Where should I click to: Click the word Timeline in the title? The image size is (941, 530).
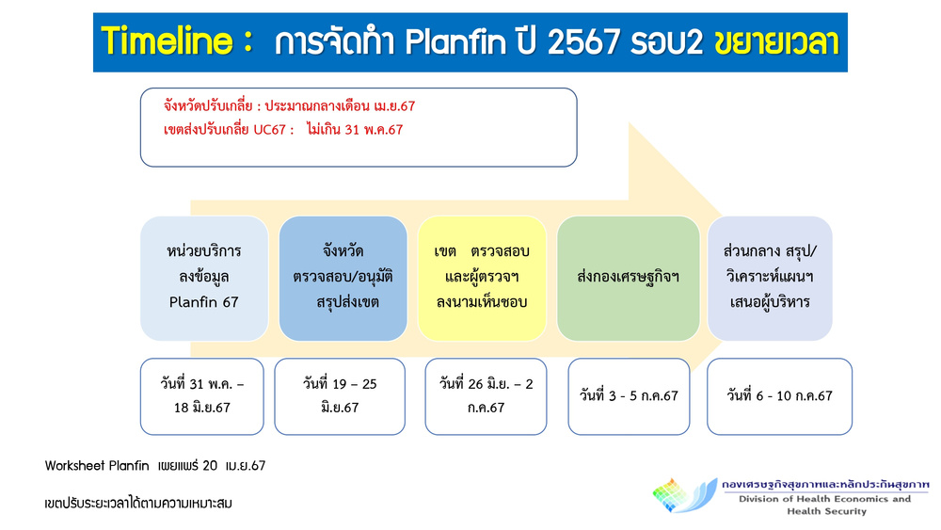(167, 41)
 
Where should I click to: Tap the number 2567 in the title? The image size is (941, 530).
(583, 42)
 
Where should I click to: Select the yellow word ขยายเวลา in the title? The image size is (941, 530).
(776, 42)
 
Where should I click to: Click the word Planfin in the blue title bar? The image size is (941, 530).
(455, 42)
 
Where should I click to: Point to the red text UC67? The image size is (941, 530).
(269, 130)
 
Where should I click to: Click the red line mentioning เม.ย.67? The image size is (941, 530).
(289, 106)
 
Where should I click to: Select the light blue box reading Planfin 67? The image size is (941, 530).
(204, 279)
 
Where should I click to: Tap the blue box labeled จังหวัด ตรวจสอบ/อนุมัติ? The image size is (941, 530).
(343, 279)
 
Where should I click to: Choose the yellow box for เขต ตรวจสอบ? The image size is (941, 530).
(482, 279)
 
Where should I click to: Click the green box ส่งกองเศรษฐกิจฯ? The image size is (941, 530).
(629, 279)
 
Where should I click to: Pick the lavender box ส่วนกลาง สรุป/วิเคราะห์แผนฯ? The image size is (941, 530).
(770, 279)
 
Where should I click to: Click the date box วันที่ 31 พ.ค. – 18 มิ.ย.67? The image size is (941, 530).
(202, 396)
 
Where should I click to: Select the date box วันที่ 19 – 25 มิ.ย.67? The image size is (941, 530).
(340, 396)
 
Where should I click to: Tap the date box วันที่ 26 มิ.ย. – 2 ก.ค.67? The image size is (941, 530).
(486, 396)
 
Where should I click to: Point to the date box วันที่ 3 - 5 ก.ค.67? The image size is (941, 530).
(629, 396)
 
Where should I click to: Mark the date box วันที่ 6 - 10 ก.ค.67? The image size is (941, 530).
(779, 396)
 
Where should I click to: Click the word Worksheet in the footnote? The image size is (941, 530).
(71, 466)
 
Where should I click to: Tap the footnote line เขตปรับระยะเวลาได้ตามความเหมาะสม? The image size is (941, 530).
(138, 503)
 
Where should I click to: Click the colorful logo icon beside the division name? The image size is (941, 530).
(685, 496)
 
